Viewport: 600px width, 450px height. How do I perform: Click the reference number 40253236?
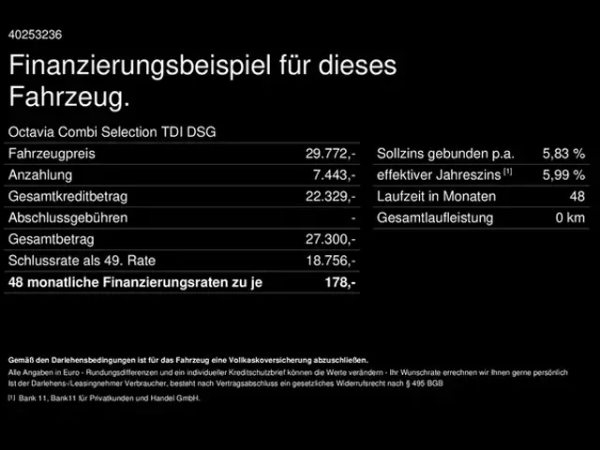(36, 35)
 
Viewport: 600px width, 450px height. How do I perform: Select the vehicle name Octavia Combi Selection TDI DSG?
(112, 132)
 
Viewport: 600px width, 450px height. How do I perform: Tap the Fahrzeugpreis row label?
(52, 154)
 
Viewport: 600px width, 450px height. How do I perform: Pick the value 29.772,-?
(330, 154)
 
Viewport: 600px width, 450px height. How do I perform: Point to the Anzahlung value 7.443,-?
(334, 175)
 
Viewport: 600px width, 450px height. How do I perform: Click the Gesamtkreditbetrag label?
(67, 197)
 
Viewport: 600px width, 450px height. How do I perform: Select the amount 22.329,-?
(330, 197)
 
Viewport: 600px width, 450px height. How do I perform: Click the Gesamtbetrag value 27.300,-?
(330, 240)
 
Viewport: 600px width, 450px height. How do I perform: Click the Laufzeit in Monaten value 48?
(577, 197)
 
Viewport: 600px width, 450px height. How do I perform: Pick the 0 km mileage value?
(570, 218)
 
